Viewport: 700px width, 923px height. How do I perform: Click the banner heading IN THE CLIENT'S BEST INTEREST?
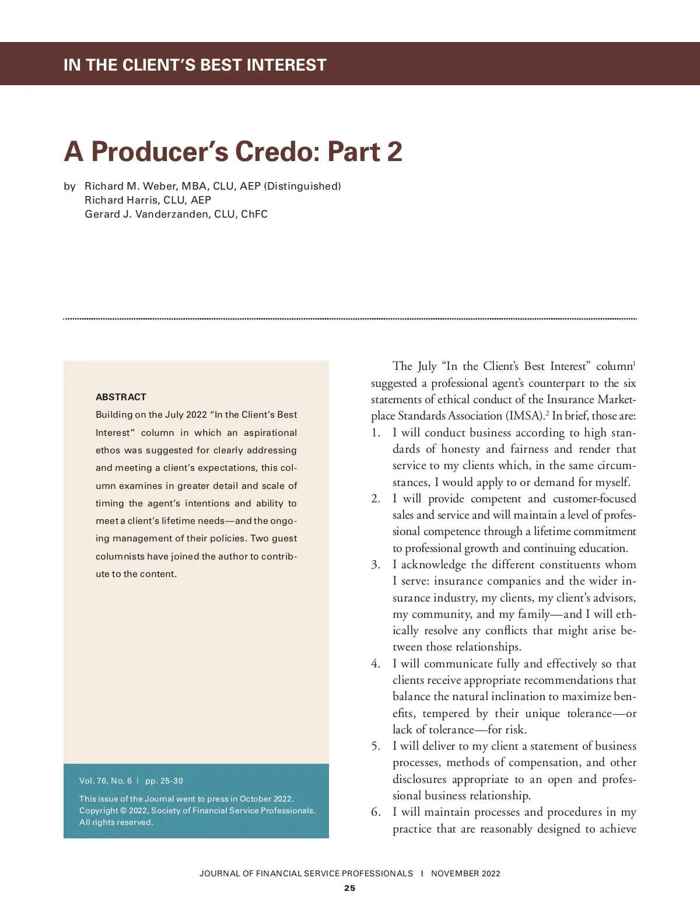[x=195, y=65]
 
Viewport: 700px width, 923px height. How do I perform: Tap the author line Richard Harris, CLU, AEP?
[x=148, y=200]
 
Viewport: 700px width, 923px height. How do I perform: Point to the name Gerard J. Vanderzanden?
[x=146, y=214]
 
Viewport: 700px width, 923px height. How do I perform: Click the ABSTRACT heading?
[x=121, y=397]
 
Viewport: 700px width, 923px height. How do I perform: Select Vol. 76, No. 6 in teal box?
[x=106, y=781]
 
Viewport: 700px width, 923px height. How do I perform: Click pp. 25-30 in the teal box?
[x=164, y=781]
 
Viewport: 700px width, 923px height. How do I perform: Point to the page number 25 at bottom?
[x=349, y=888]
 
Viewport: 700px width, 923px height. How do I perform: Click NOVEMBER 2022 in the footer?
[x=466, y=873]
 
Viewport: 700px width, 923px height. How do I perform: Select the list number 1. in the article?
[x=376, y=433]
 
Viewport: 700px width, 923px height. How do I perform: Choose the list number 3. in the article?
[x=376, y=565]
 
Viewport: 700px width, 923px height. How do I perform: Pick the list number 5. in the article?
[x=376, y=746]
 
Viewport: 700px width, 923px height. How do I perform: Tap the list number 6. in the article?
[x=376, y=812]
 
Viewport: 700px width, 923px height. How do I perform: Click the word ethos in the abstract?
[x=108, y=450]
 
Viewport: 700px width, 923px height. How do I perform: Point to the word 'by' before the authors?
[x=69, y=186]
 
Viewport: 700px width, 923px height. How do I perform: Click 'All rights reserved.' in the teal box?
[x=116, y=823]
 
